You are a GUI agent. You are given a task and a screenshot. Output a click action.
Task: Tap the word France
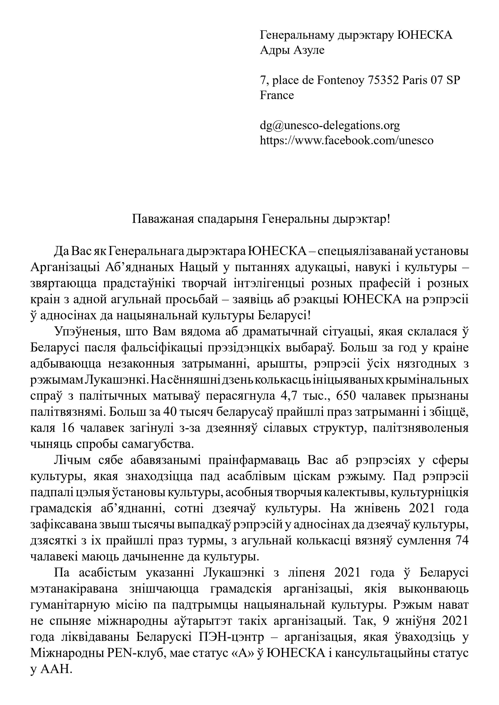tap(277, 95)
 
